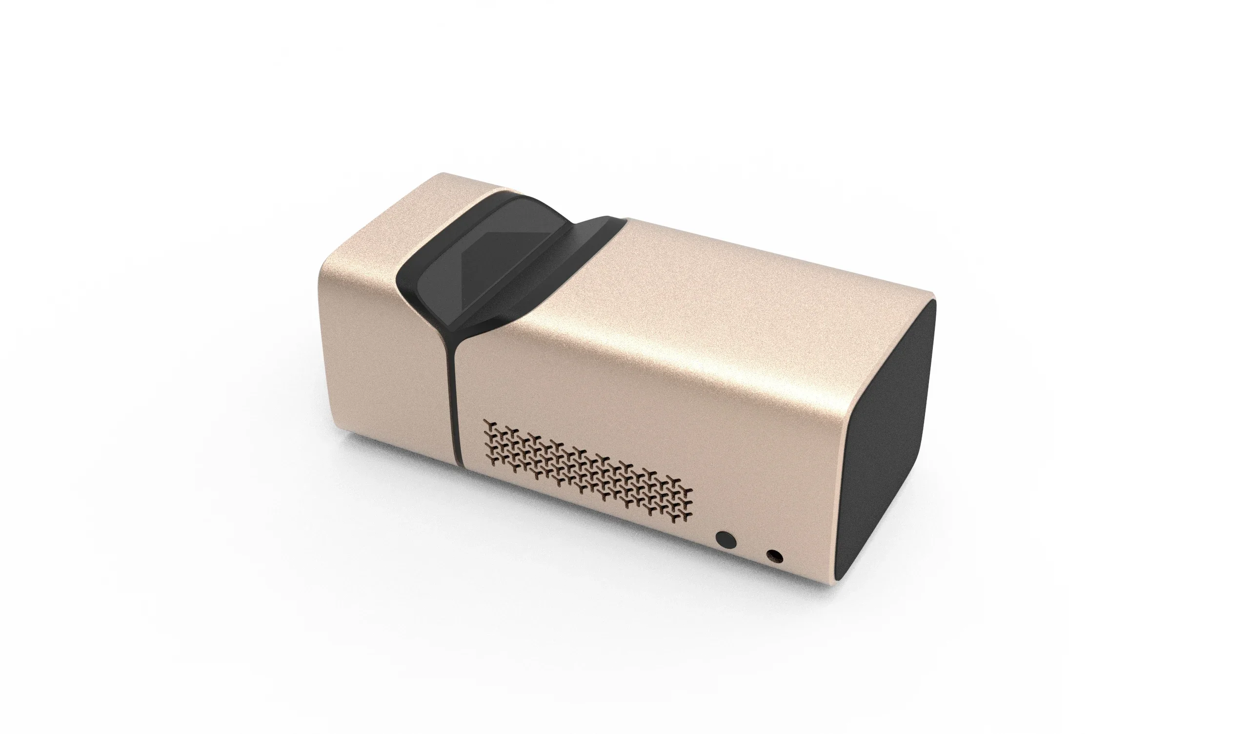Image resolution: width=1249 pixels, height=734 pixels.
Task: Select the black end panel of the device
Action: tap(887, 446)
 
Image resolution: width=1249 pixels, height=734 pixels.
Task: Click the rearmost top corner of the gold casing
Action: tap(443, 174)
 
